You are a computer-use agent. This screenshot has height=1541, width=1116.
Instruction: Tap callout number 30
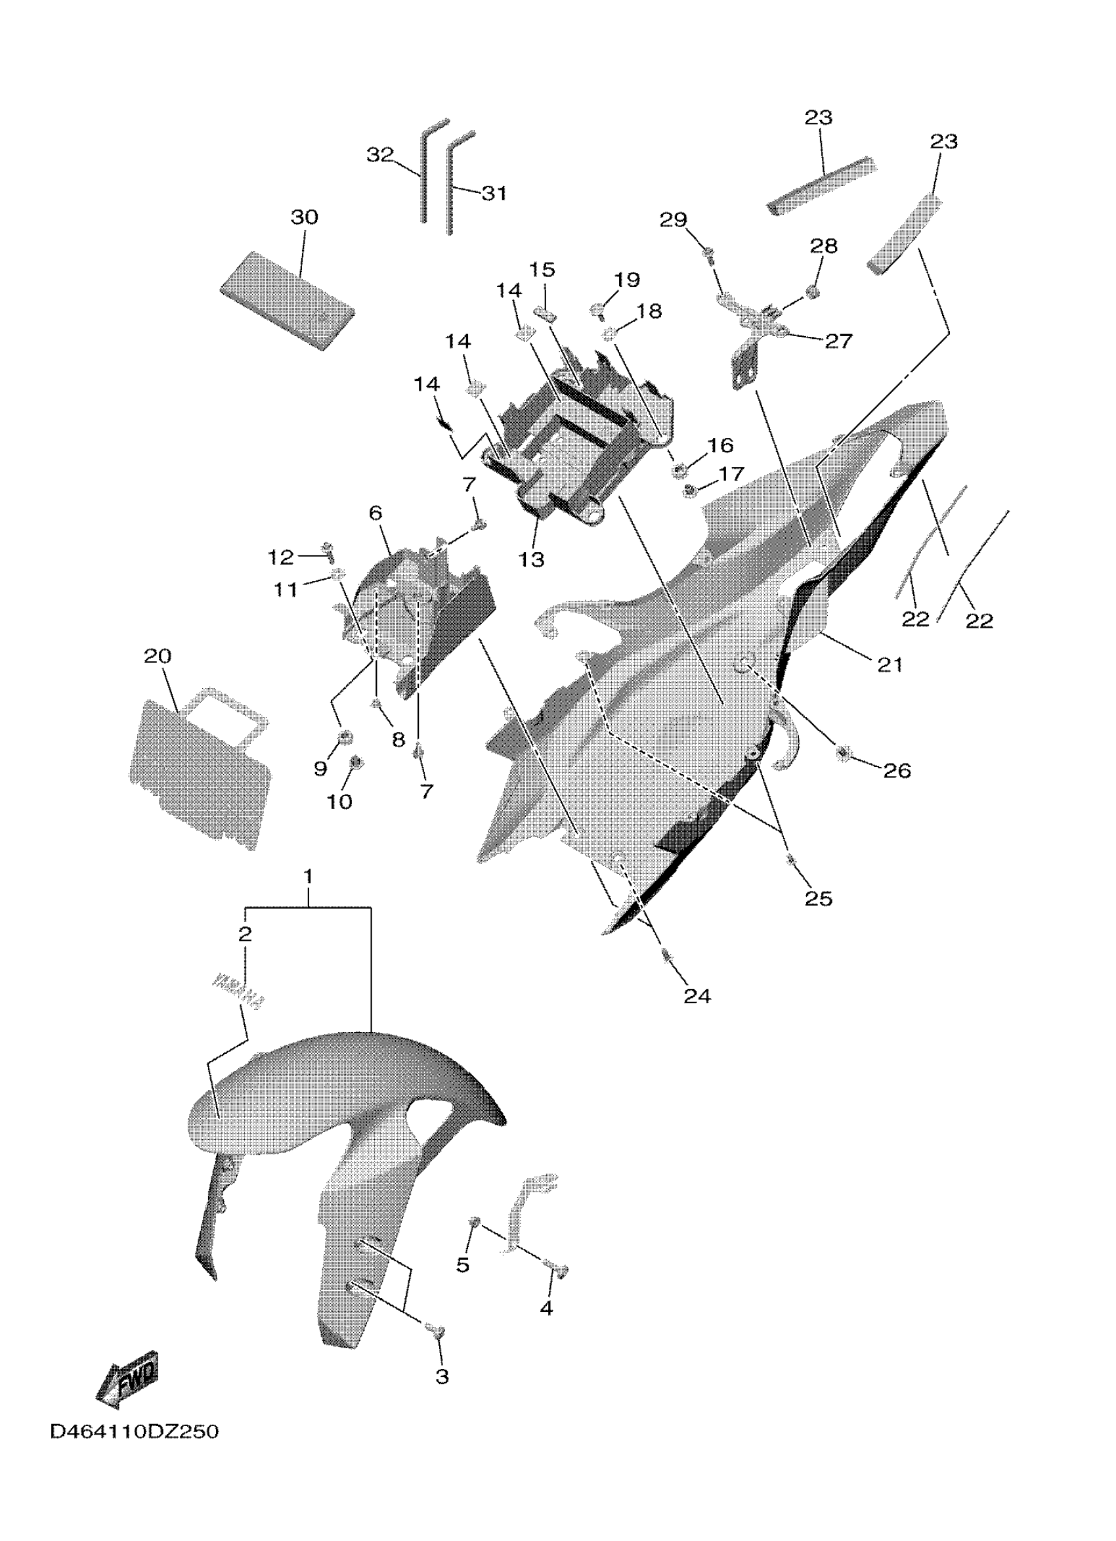pos(305,217)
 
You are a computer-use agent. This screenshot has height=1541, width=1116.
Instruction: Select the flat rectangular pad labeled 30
pos(287,300)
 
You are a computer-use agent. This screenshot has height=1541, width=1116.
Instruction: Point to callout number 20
pos(158,657)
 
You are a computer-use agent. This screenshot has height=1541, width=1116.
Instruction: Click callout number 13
pos(531,559)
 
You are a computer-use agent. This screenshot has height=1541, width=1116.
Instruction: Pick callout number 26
pos(897,771)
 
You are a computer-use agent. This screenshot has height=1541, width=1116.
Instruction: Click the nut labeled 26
pos(844,752)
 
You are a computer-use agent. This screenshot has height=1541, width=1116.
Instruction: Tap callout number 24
pos(697,997)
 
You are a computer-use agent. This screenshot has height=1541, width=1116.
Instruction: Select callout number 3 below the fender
pos(442,1377)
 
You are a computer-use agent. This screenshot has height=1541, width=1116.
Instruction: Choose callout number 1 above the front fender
pos(309,877)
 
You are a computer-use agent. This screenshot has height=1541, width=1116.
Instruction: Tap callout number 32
pos(379,155)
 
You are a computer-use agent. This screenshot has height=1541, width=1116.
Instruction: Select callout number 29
pos(674,220)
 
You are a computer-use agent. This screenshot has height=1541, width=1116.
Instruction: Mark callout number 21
pos(890,664)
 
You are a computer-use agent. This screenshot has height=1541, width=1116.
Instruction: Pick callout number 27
pos(838,340)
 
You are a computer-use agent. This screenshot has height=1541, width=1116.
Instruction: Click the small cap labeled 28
pos(811,292)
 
